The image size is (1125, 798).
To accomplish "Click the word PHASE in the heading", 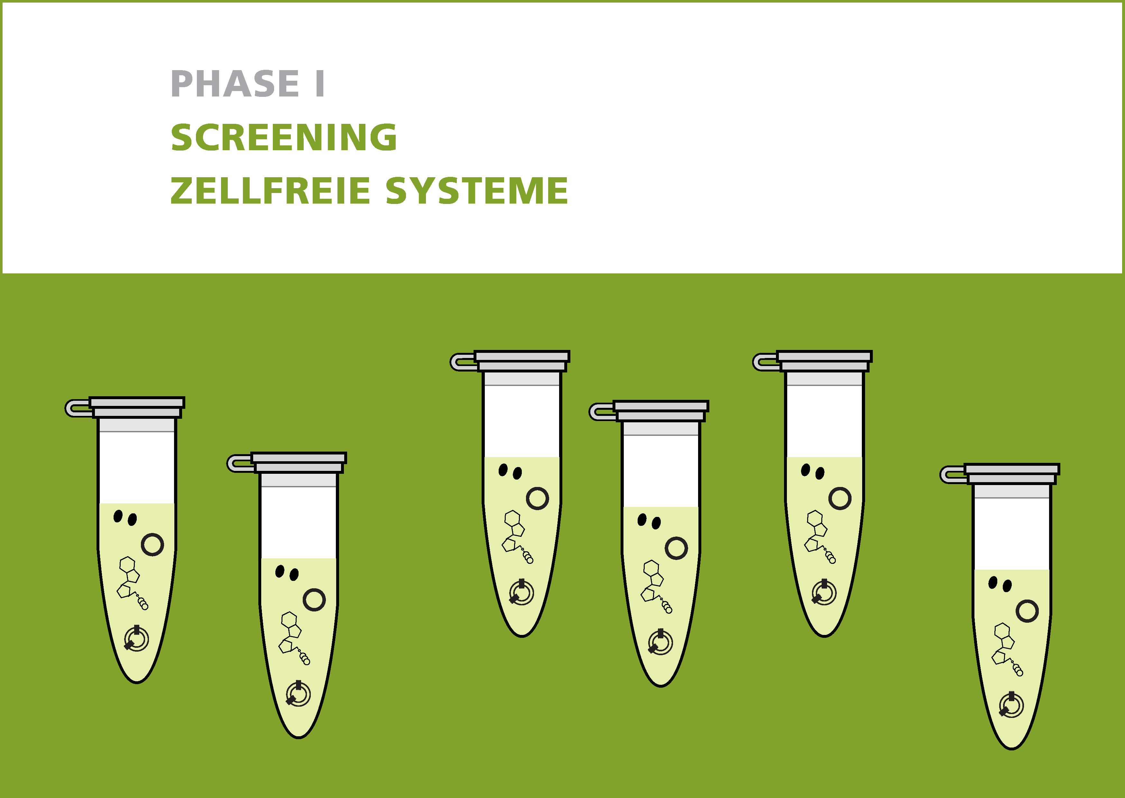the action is (x=235, y=84).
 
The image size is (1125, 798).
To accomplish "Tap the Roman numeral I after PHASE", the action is (x=320, y=84).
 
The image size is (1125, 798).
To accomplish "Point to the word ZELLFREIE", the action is (x=270, y=191).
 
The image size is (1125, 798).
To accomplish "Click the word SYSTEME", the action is (x=476, y=191).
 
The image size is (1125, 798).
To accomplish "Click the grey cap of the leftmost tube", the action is (x=137, y=407).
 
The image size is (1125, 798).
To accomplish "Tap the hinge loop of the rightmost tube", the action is (x=953, y=475).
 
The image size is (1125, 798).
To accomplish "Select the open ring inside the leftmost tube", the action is (x=152, y=545).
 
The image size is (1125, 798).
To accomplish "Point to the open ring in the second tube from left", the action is (x=314, y=600).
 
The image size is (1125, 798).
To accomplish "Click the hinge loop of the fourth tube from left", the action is (x=602, y=412).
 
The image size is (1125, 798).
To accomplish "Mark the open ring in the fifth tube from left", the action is (x=840, y=498).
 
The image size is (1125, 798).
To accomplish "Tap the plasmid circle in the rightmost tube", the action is (x=1011, y=705).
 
